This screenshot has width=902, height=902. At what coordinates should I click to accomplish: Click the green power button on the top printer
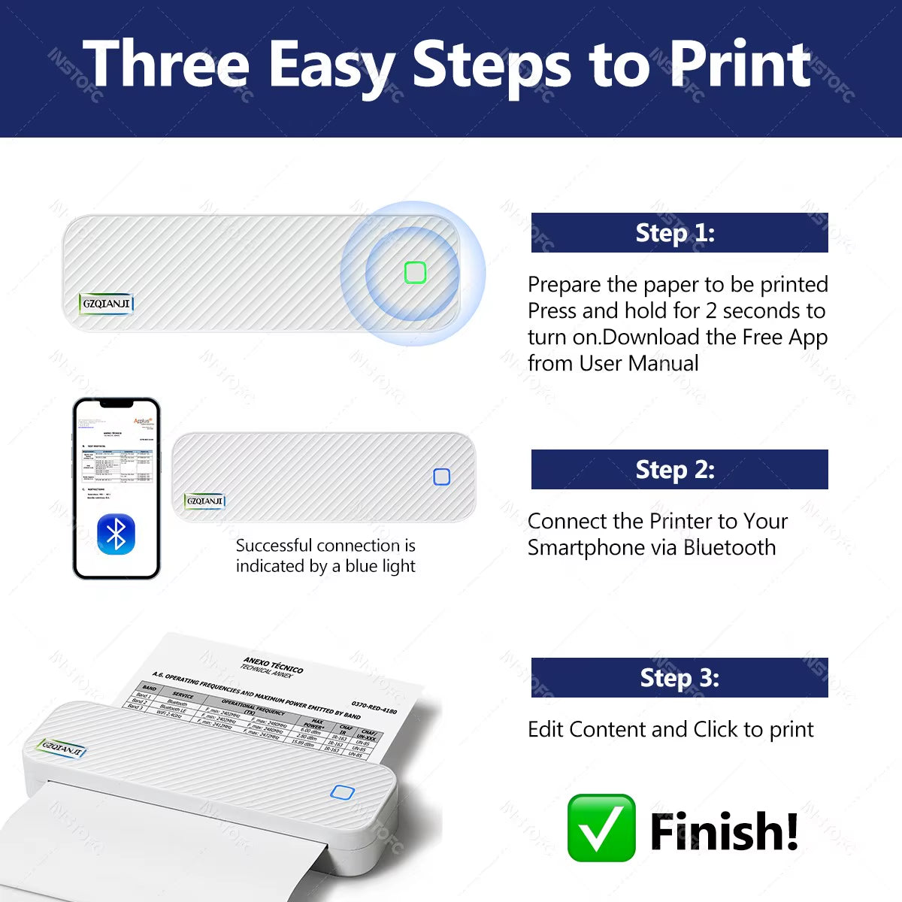click(415, 273)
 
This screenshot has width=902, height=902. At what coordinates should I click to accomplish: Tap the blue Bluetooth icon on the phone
click(116, 534)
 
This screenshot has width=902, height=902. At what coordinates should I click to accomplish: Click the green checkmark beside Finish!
click(601, 828)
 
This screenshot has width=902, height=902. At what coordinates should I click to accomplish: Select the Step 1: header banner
click(679, 233)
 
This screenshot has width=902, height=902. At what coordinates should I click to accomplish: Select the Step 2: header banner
click(679, 470)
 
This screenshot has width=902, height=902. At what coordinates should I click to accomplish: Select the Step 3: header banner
click(679, 678)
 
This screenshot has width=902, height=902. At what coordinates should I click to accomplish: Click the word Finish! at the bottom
click(723, 831)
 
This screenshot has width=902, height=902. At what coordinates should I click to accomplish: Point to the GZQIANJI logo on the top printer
click(107, 304)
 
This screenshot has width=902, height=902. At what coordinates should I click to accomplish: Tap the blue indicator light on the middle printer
click(442, 477)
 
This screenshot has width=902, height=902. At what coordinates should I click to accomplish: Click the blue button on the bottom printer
click(342, 792)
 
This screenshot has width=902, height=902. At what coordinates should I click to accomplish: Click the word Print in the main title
click(740, 65)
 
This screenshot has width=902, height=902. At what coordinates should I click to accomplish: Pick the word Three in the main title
click(166, 65)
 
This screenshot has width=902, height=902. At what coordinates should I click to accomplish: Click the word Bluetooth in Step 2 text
click(729, 547)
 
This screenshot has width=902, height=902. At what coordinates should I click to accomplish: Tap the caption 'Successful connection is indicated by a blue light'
click(325, 555)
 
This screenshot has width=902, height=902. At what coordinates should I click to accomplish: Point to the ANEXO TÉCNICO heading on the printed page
click(274, 665)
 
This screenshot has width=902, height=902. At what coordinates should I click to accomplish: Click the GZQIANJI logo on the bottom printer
click(63, 749)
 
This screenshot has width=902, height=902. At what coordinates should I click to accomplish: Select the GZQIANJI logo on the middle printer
click(204, 501)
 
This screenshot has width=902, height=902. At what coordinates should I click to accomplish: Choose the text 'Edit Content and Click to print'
click(670, 729)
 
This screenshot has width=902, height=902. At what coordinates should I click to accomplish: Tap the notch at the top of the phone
click(117, 404)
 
